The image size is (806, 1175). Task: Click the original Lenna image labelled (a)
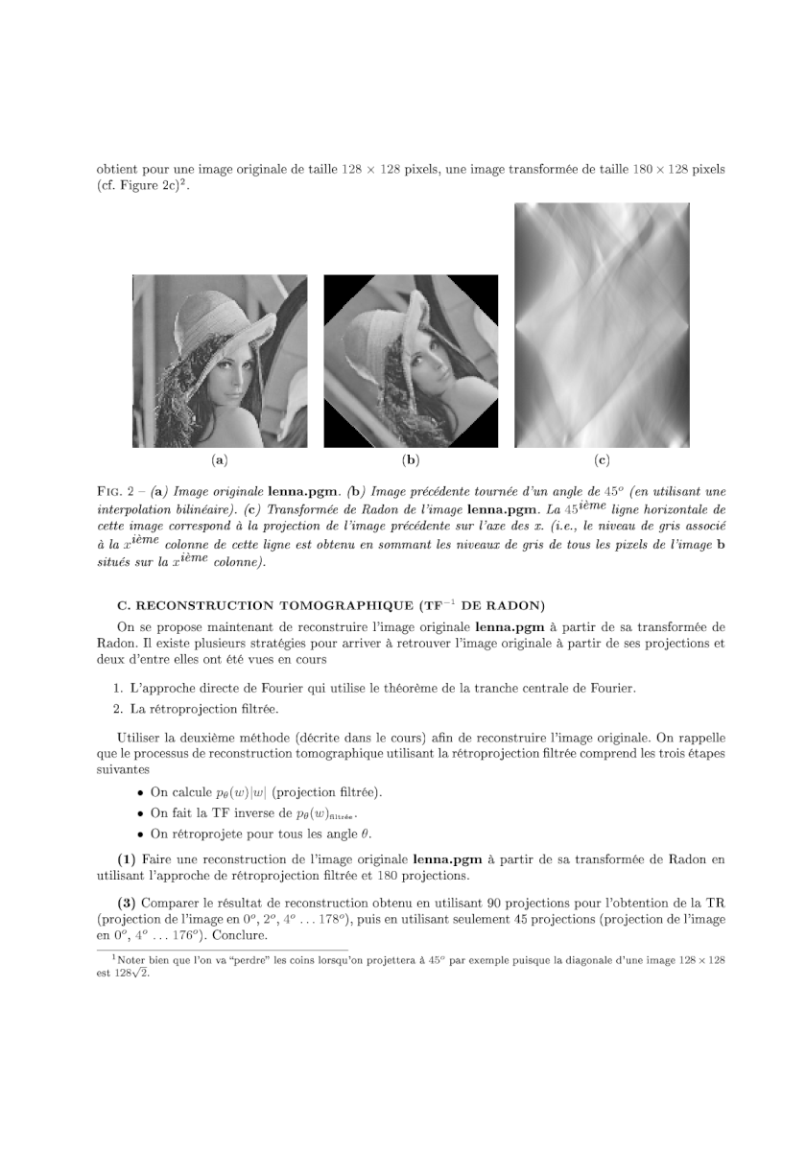[220, 362]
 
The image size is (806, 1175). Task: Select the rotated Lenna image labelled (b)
[411, 362]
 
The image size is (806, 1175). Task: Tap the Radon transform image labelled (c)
[602, 325]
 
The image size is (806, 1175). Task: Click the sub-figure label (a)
[220, 460]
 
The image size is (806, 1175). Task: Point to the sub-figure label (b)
[411, 460]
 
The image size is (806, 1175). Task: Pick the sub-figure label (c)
[602, 460]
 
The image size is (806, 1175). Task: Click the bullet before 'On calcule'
[141, 792]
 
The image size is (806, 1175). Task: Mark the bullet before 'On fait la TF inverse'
[141, 812]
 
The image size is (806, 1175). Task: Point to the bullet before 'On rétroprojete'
[141, 833]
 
